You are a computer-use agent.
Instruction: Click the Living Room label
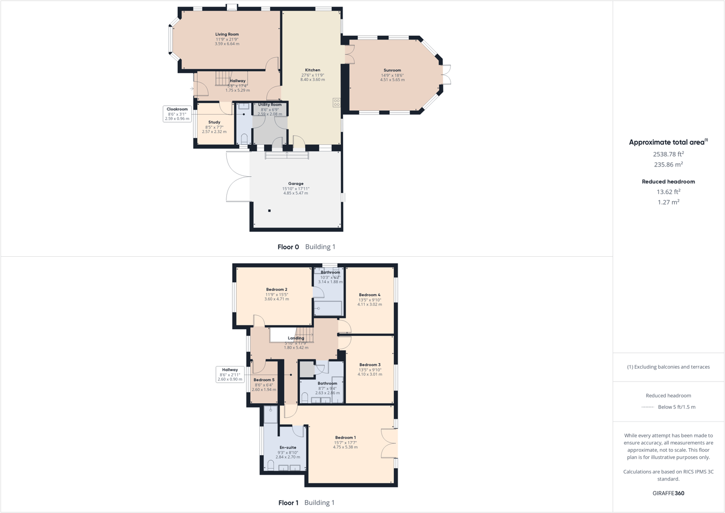click(x=227, y=34)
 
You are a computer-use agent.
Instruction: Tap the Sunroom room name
click(x=392, y=70)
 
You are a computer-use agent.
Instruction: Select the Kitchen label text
click(x=312, y=70)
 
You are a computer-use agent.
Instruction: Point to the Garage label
click(x=296, y=184)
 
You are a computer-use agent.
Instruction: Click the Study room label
click(x=214, y=123)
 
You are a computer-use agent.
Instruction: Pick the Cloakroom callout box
click(x=177, y=114)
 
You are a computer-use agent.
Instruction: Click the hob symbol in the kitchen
click(x=337, y=102)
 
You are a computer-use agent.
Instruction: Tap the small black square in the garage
click(x=270, y=211)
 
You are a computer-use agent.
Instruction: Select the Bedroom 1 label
click(x=345, y=438)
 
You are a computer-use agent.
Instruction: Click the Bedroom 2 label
click(x=277, y=290)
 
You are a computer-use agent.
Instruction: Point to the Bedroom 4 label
click(x=370, y=295)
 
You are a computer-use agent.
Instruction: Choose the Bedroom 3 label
click(x=370, y=365)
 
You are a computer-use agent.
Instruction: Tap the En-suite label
click(x=287, y=448)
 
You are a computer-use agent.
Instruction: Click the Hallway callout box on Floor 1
click(x=230, y=375)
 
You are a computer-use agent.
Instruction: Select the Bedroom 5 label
click(x=264, y=380)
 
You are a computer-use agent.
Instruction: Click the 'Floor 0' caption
click(x=288, y=247)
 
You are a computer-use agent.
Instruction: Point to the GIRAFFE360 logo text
click(x=668, y=494)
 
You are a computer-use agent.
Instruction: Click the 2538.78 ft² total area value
click(x=668, y=155)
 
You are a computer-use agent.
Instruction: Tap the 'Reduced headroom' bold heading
click(x=668, y=182)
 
